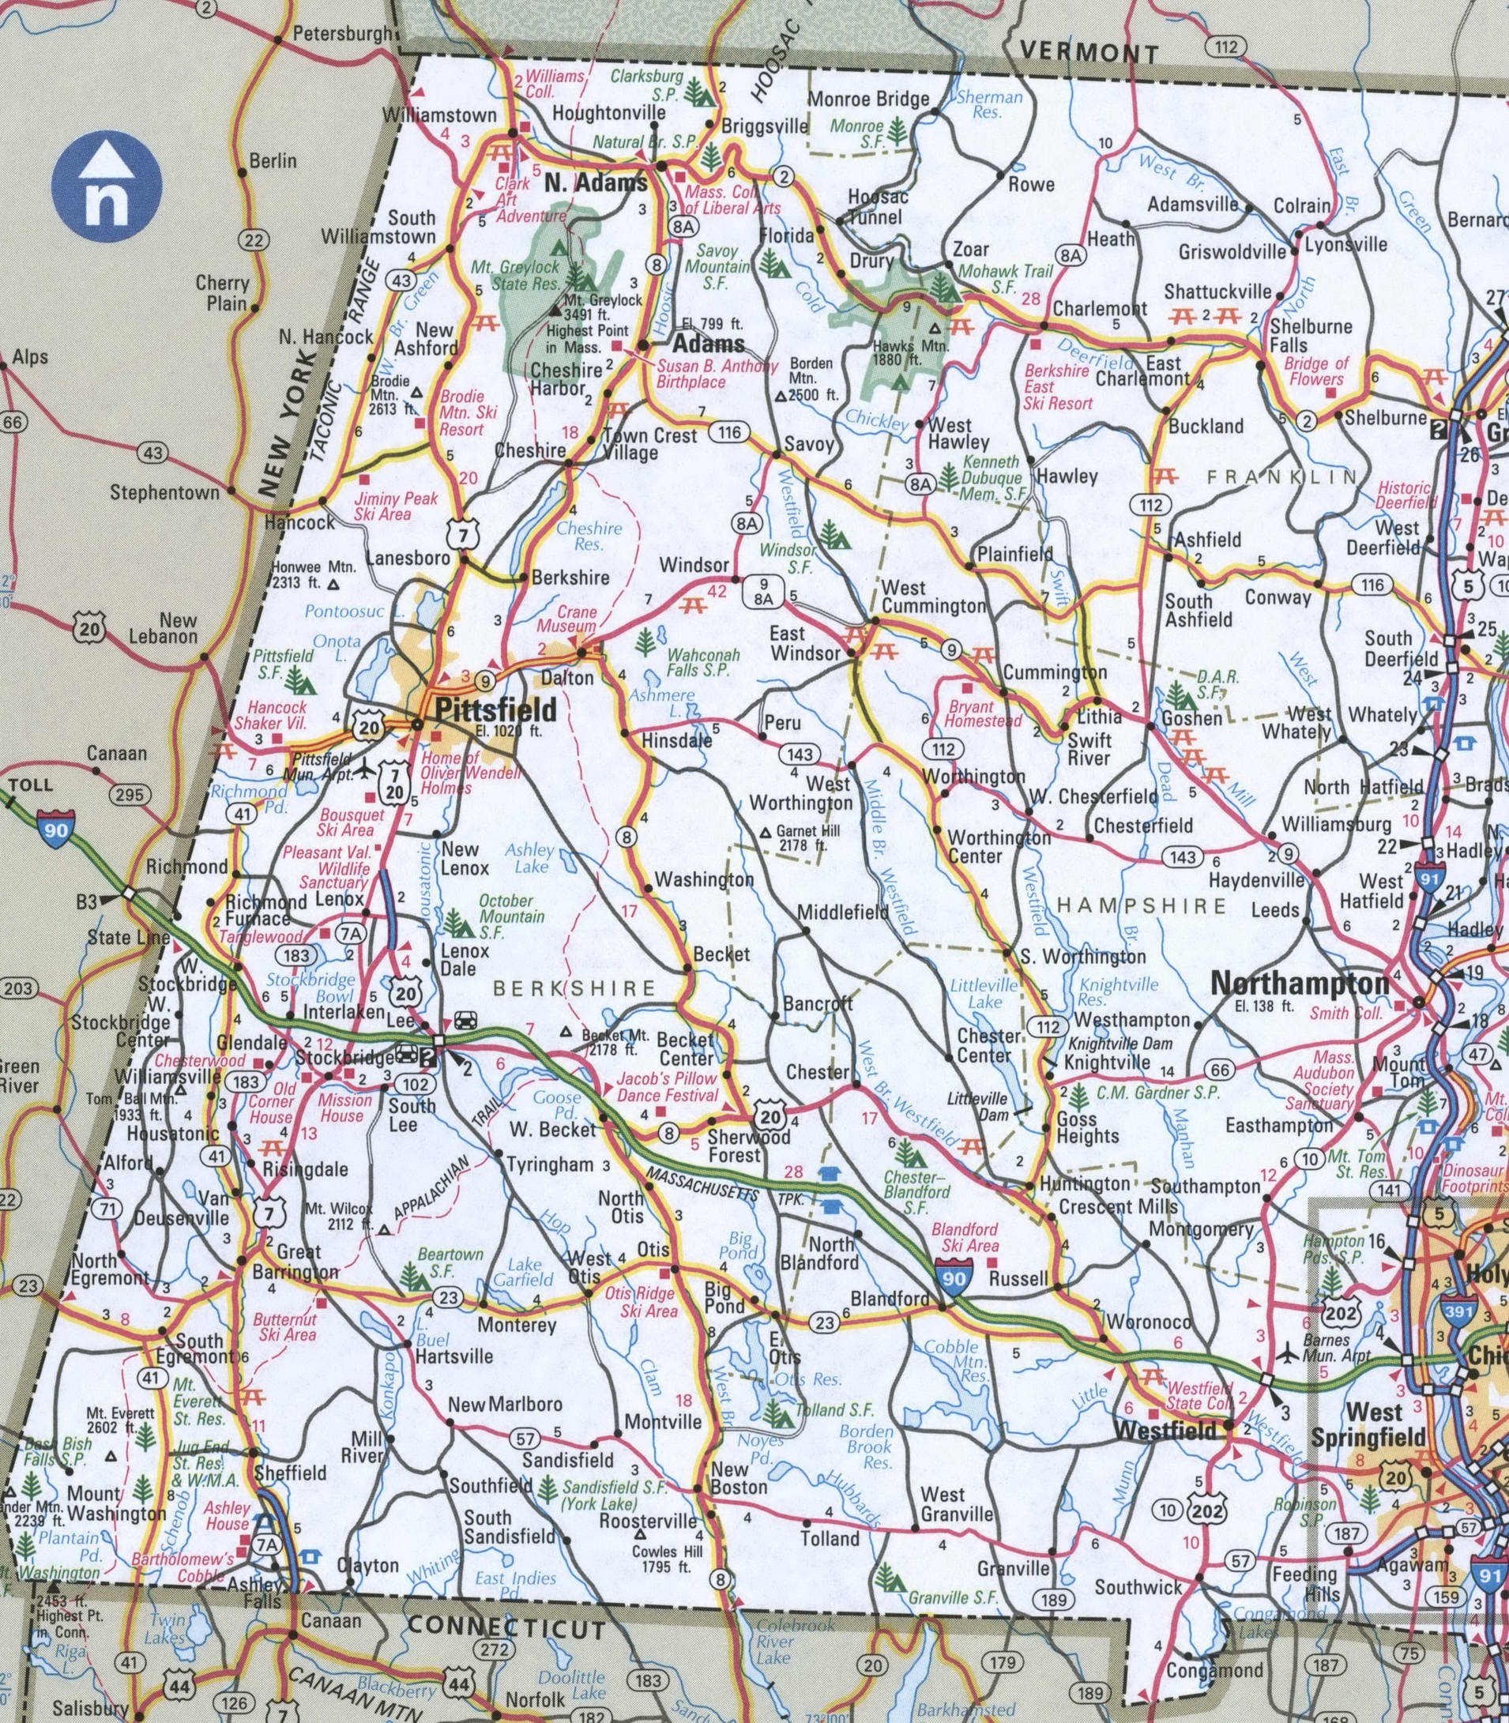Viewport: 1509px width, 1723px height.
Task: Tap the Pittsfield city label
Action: click(x=495, y=709)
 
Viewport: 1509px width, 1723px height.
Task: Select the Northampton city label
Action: click(x=1300, y=984)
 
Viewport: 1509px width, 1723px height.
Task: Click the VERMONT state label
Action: click(x=1088, y=52)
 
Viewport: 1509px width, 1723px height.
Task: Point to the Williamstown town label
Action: click(x=438, y=115)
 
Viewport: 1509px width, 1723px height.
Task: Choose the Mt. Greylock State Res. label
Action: click(x=514, y=276)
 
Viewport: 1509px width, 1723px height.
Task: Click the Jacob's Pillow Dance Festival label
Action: click(x=667, y=1086)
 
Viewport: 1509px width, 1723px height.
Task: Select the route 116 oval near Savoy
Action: click(x=728, y=432)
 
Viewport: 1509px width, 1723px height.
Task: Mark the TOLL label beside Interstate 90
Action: click(x=31, y=784)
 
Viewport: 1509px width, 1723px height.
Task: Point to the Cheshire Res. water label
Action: click(x=589, y=536)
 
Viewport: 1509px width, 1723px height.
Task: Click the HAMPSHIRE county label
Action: click(x=1141, y=906)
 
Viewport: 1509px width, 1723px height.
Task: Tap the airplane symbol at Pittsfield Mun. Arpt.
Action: click(x=365, y=769)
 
